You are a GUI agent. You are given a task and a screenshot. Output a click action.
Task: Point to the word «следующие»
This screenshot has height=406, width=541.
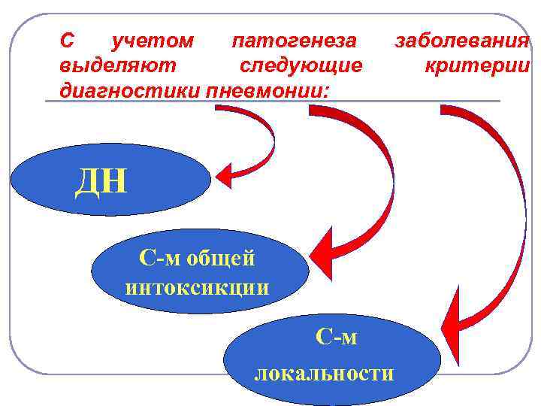pyautogui.click(x=301, y=66)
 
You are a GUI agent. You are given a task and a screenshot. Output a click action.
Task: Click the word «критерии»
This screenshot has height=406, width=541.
pyautogui.click(x=476, y=66)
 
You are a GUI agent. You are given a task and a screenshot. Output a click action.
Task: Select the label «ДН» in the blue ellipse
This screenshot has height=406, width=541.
pyautogui.click(x=101, y=181)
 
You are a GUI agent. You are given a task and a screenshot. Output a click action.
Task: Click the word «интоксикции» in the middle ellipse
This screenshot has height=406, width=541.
pyautogui.click(x=198, y=287)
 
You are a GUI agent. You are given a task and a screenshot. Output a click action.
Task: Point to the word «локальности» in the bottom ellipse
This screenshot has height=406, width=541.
pyautogui.click(x=324, y=373)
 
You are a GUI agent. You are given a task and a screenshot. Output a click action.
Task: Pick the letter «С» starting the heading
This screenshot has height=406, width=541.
pyautogui.click(x=65, y=41)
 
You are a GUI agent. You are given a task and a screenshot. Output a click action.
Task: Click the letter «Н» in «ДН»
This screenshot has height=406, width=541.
pyautogui.click(x=115, y=181)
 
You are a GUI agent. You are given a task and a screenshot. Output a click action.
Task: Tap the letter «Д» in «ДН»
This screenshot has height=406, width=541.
pyautogui.click(x=87, y=181)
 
